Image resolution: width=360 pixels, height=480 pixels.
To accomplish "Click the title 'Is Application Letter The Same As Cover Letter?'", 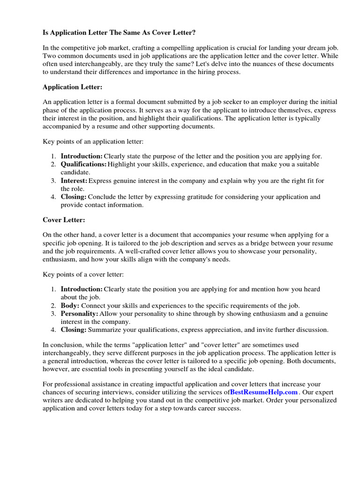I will (120, 32).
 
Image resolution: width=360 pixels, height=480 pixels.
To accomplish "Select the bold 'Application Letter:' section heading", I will (72, 87).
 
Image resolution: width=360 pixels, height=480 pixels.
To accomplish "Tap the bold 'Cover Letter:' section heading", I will (64, 219).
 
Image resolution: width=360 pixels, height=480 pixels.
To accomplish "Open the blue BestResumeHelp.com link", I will (264, 392).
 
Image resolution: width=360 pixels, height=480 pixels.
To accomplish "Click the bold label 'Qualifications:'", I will (83, 164).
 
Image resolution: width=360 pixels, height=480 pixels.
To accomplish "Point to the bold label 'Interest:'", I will (74, 180).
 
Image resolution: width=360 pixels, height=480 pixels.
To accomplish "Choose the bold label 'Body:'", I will (69, 305).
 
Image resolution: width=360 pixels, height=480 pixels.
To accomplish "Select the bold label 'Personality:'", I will (79, 314).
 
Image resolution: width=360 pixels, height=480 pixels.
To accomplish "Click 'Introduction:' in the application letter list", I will (82, 156).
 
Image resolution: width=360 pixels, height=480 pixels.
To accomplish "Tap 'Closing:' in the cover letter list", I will (74, 330).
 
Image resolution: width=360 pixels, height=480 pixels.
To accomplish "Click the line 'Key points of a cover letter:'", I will (83, 274).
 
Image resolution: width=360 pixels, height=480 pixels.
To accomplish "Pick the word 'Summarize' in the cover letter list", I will (104, 330).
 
